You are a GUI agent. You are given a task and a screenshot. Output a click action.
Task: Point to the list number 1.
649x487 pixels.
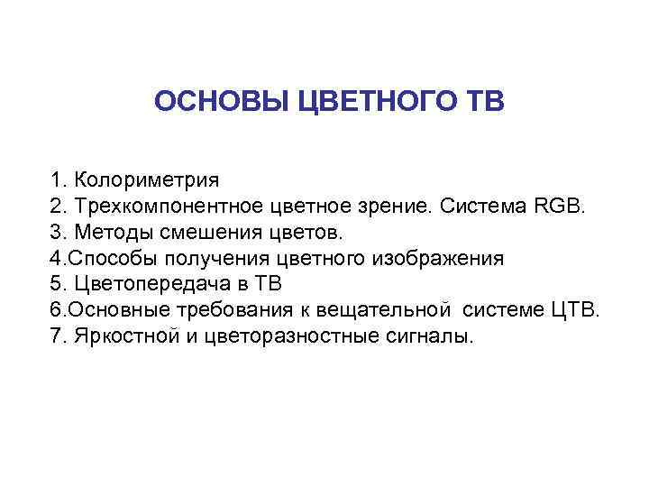(x=56, y=180)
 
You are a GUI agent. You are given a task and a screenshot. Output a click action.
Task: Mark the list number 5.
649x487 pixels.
(x=56, y=285)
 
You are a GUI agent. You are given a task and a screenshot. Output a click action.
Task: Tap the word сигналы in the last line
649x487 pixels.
(x=433, y=336)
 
